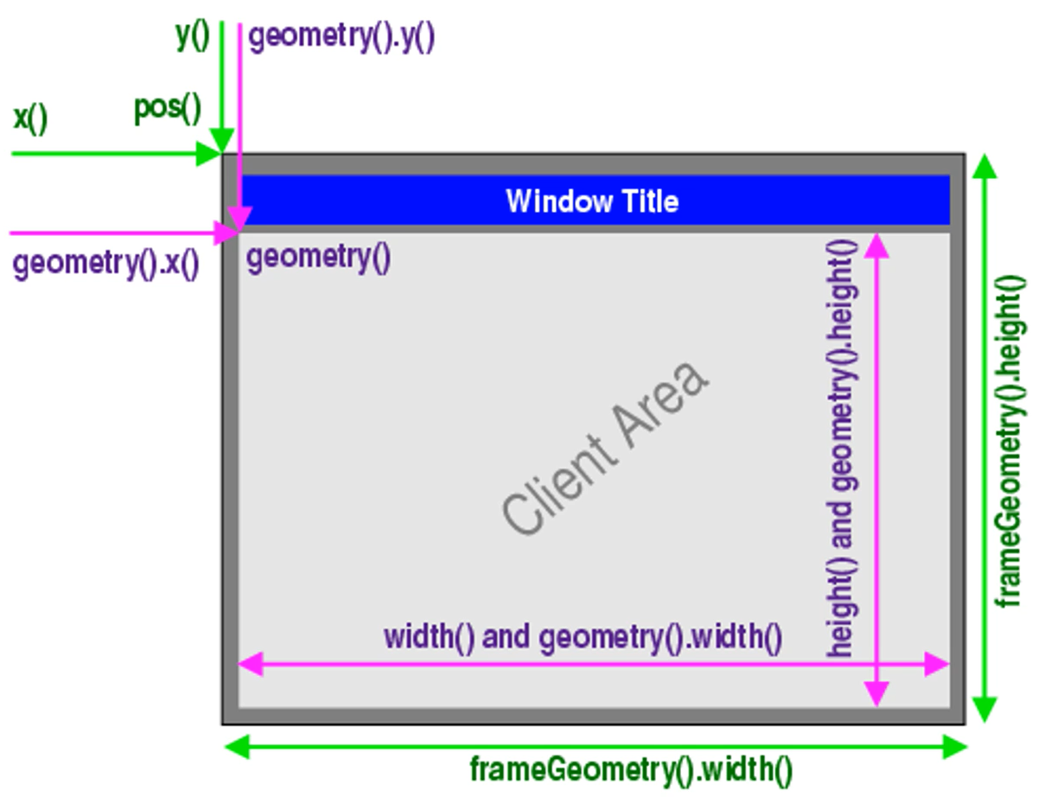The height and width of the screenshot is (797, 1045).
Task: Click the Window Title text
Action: (592, 201)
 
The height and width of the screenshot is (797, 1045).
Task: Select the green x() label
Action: (30, 118)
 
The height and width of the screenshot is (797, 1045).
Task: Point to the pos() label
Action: (168, 109)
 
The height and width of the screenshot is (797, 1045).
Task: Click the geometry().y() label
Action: (341, 39)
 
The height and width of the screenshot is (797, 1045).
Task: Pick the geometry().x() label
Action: (105, 262)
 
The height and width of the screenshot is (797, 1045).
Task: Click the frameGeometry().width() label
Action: (631, 768)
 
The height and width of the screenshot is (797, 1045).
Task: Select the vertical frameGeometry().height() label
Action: (1010, 441)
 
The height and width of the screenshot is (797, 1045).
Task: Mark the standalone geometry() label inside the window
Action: (319, 258)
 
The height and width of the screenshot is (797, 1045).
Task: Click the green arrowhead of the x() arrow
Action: (210, 154)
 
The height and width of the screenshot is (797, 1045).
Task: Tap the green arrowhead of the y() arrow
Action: (222, 141)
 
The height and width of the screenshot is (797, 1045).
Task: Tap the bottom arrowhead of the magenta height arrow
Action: (876, 692)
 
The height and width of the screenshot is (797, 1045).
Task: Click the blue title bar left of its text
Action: (363, 201)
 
